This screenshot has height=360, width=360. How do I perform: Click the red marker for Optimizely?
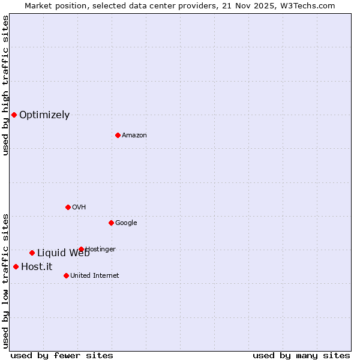point(14,115)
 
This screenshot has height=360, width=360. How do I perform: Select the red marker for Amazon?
point(118,135)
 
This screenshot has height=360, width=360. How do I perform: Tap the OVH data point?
point(68,207)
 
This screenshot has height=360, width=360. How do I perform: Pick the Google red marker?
point(111,223)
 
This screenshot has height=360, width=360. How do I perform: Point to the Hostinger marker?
point(81,249)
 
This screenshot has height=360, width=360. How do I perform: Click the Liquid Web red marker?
point(32,253)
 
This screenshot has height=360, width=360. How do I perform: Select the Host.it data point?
point(16,266)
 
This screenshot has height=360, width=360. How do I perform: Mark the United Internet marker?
point(66,275)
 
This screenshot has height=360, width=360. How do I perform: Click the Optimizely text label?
point(44,115)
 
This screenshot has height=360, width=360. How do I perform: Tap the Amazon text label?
point(134,136)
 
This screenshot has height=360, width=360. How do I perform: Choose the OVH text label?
point(79,208)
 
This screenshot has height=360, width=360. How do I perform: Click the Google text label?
point(126,223)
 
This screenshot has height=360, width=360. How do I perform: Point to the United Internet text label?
point(95,276)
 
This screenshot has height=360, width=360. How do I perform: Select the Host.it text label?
point(37,267)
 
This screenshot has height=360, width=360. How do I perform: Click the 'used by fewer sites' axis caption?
point(62,356)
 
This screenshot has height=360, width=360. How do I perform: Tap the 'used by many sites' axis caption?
point(301,356)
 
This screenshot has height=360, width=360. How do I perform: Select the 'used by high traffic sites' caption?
point(5,85)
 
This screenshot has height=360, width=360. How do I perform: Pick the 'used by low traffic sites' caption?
point(5,281)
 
